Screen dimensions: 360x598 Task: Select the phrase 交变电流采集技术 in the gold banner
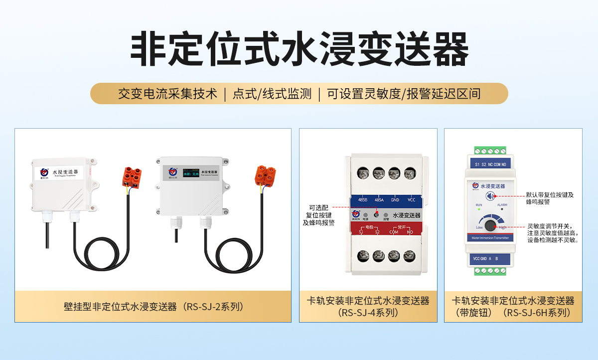click(167, 93)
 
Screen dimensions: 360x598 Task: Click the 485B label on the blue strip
click(363, 200)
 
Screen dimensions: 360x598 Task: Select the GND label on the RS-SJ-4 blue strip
click(395, 200)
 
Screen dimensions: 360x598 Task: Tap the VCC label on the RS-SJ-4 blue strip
click(411, 200)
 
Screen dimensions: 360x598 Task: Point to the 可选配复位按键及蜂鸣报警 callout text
click(319, 215)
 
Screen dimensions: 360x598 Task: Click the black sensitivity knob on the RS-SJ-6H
click(490, 226)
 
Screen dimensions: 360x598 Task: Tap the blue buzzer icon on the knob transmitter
click(491, 196)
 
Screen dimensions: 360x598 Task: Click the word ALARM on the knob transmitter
click(502, 205)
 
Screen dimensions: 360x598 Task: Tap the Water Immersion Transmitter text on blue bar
click(490, 238)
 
